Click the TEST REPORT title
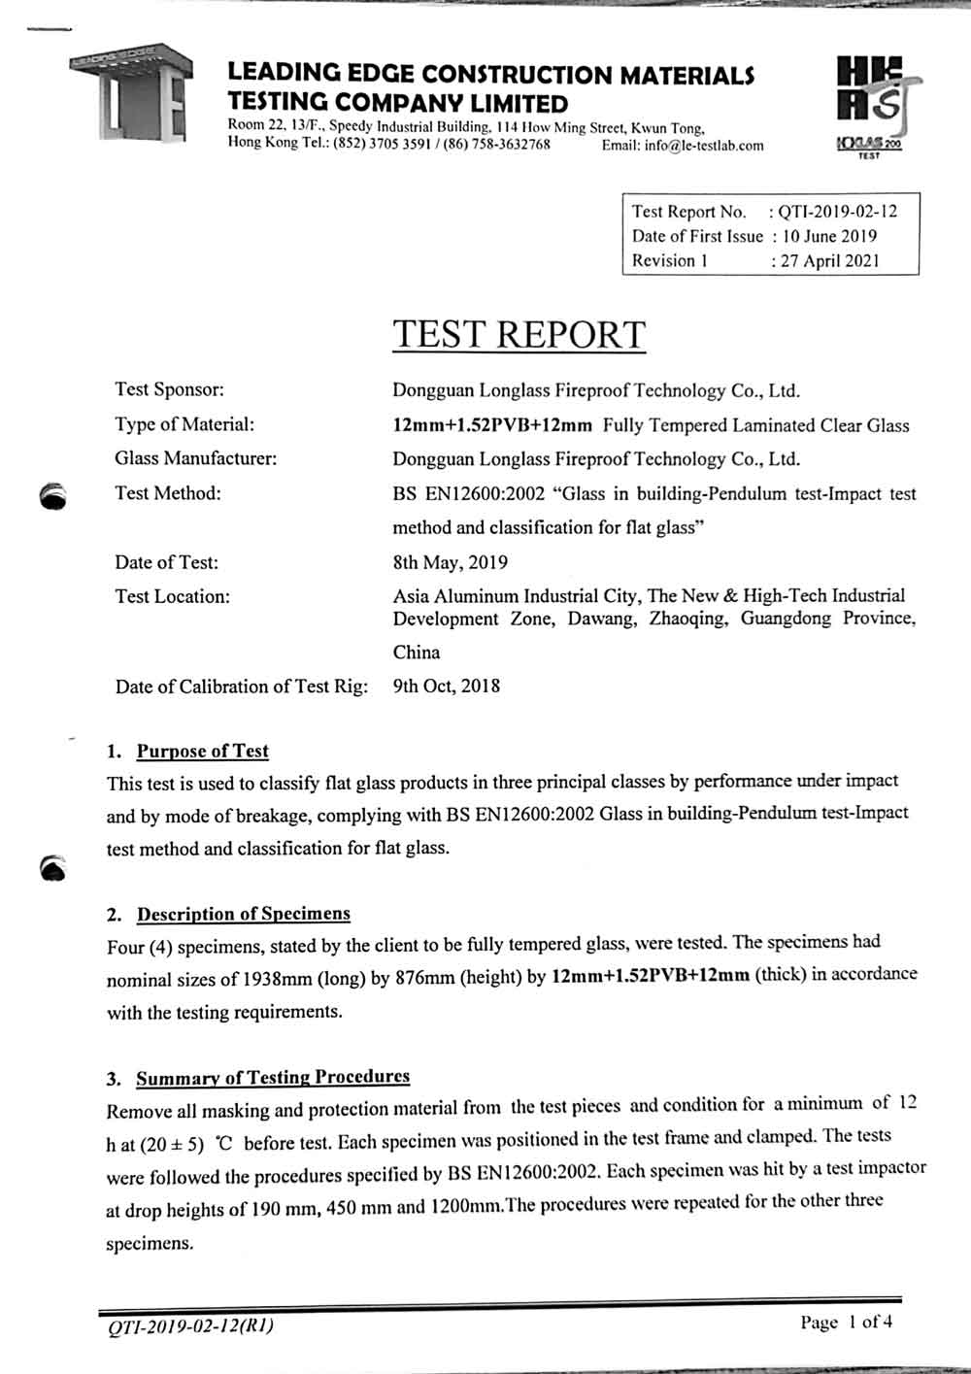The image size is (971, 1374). point(519,335)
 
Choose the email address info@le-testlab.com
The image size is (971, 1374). point(683,146)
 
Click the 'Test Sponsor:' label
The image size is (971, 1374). point(169,389)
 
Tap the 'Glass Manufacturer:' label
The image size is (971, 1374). point(195,458)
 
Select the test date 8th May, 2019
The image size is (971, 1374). point(450,562)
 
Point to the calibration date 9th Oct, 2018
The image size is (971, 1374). point(447,687)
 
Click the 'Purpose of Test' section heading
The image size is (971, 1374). point(202,751)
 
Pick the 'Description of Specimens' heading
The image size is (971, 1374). point(243,914)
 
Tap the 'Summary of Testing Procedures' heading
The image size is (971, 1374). point(272,1077)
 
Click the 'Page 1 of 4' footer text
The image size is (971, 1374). point(846,1322)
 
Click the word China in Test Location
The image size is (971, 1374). point(416,653)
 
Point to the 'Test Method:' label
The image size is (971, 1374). point(167,493)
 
